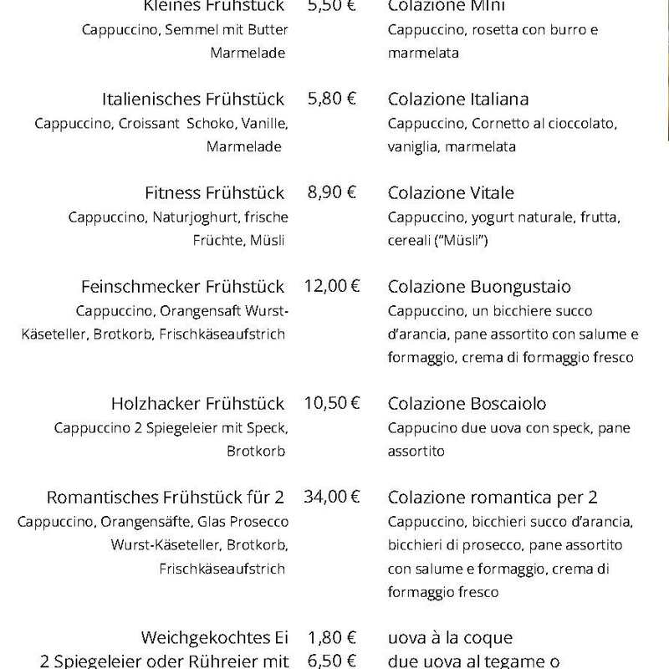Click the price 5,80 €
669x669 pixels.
[x=332, y=99]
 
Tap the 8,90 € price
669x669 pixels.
[x=332, y=192]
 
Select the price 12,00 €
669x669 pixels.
[x=332, y=286]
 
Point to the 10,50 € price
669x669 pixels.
[x=332, y=403]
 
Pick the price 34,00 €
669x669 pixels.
[x=332, y=497]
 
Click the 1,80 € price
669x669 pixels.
[x=332, y=638]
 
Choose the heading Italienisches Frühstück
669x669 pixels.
[x=193, y=99]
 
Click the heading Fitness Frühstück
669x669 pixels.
[x=214, y=192]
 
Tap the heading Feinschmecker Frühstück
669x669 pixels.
[x=183, y=286]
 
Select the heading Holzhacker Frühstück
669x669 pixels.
[x=197, y=403]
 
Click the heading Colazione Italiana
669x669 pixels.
[x=458, y=99]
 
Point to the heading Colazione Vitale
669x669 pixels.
[x=451, y=192]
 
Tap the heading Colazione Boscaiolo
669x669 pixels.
[x=467, y=403]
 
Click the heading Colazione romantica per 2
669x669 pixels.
[x=493, y=497]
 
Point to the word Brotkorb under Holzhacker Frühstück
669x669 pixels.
[x=256, y=452]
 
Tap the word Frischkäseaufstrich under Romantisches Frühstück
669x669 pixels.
[x=222, y=569]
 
